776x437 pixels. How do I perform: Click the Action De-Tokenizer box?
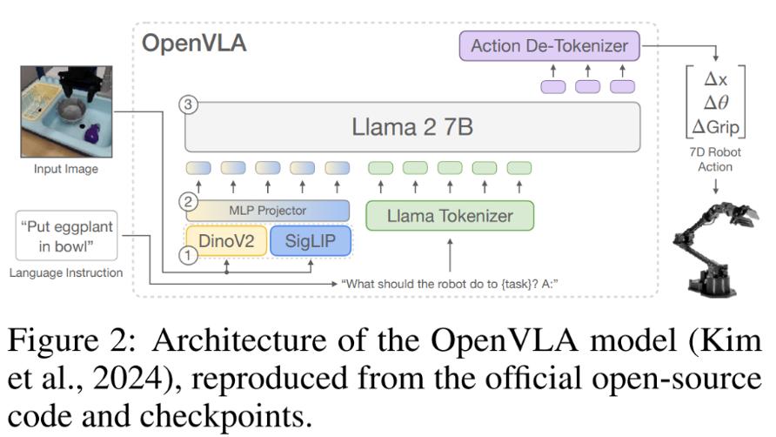click(x=549, y=45)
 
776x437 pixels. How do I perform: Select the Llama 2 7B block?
click(x=412, y=127)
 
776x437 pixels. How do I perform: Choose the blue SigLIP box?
click(x=309, y=241)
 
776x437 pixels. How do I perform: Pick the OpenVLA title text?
click(x=194, y=44)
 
